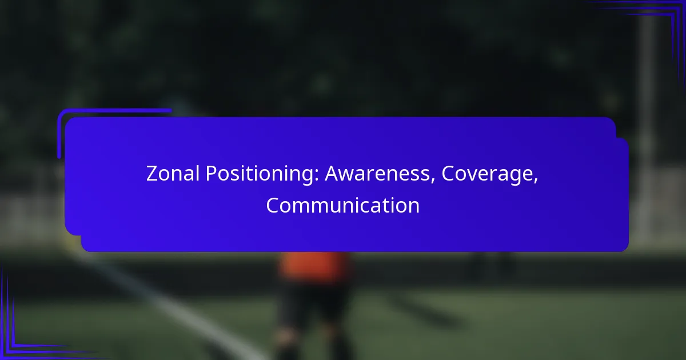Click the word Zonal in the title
[173, 174]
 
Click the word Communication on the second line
[342, 205]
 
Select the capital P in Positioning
[212, 174]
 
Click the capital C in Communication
[273, 205]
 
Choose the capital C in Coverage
[448, 174]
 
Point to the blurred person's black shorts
[313, 303]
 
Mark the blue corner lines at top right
[659, 25]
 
